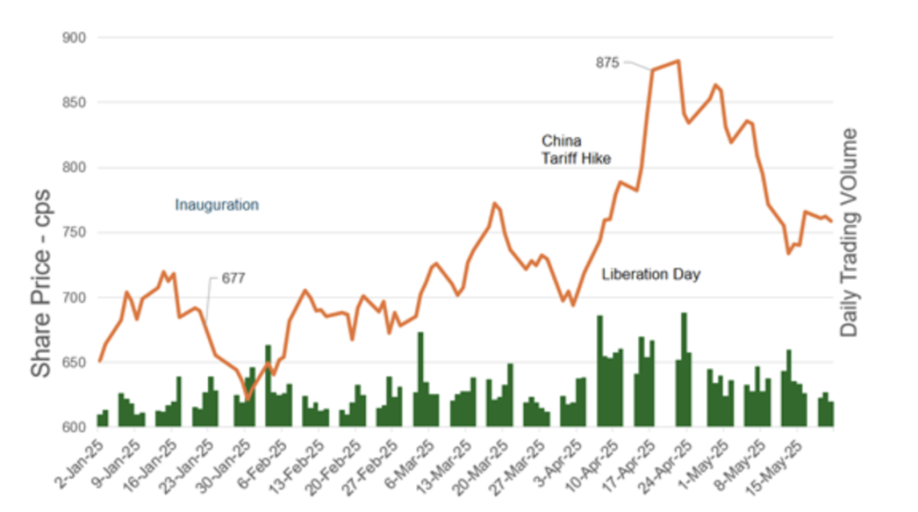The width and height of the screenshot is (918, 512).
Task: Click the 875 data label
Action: pos(608,63)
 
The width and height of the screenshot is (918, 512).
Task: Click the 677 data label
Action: pos(233,279)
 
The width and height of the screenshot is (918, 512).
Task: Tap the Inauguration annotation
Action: pos(216,205)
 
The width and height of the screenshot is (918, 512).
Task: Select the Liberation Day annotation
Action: pos(651,274)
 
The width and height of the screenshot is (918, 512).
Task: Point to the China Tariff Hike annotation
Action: pos(576,150)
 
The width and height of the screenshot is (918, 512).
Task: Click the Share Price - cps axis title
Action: pos(41,284)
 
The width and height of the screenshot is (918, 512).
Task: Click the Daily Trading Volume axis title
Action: pos(848,233)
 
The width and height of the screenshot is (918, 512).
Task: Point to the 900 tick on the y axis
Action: pos(74,38)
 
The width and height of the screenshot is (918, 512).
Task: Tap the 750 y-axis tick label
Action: pos(74,233)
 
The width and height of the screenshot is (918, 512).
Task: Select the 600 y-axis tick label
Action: pos(74,428)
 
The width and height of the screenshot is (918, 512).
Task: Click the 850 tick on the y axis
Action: pos(74,103)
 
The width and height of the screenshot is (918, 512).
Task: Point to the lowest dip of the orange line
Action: pos(247,400)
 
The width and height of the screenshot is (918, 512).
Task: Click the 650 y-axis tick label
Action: pos(74,363)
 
